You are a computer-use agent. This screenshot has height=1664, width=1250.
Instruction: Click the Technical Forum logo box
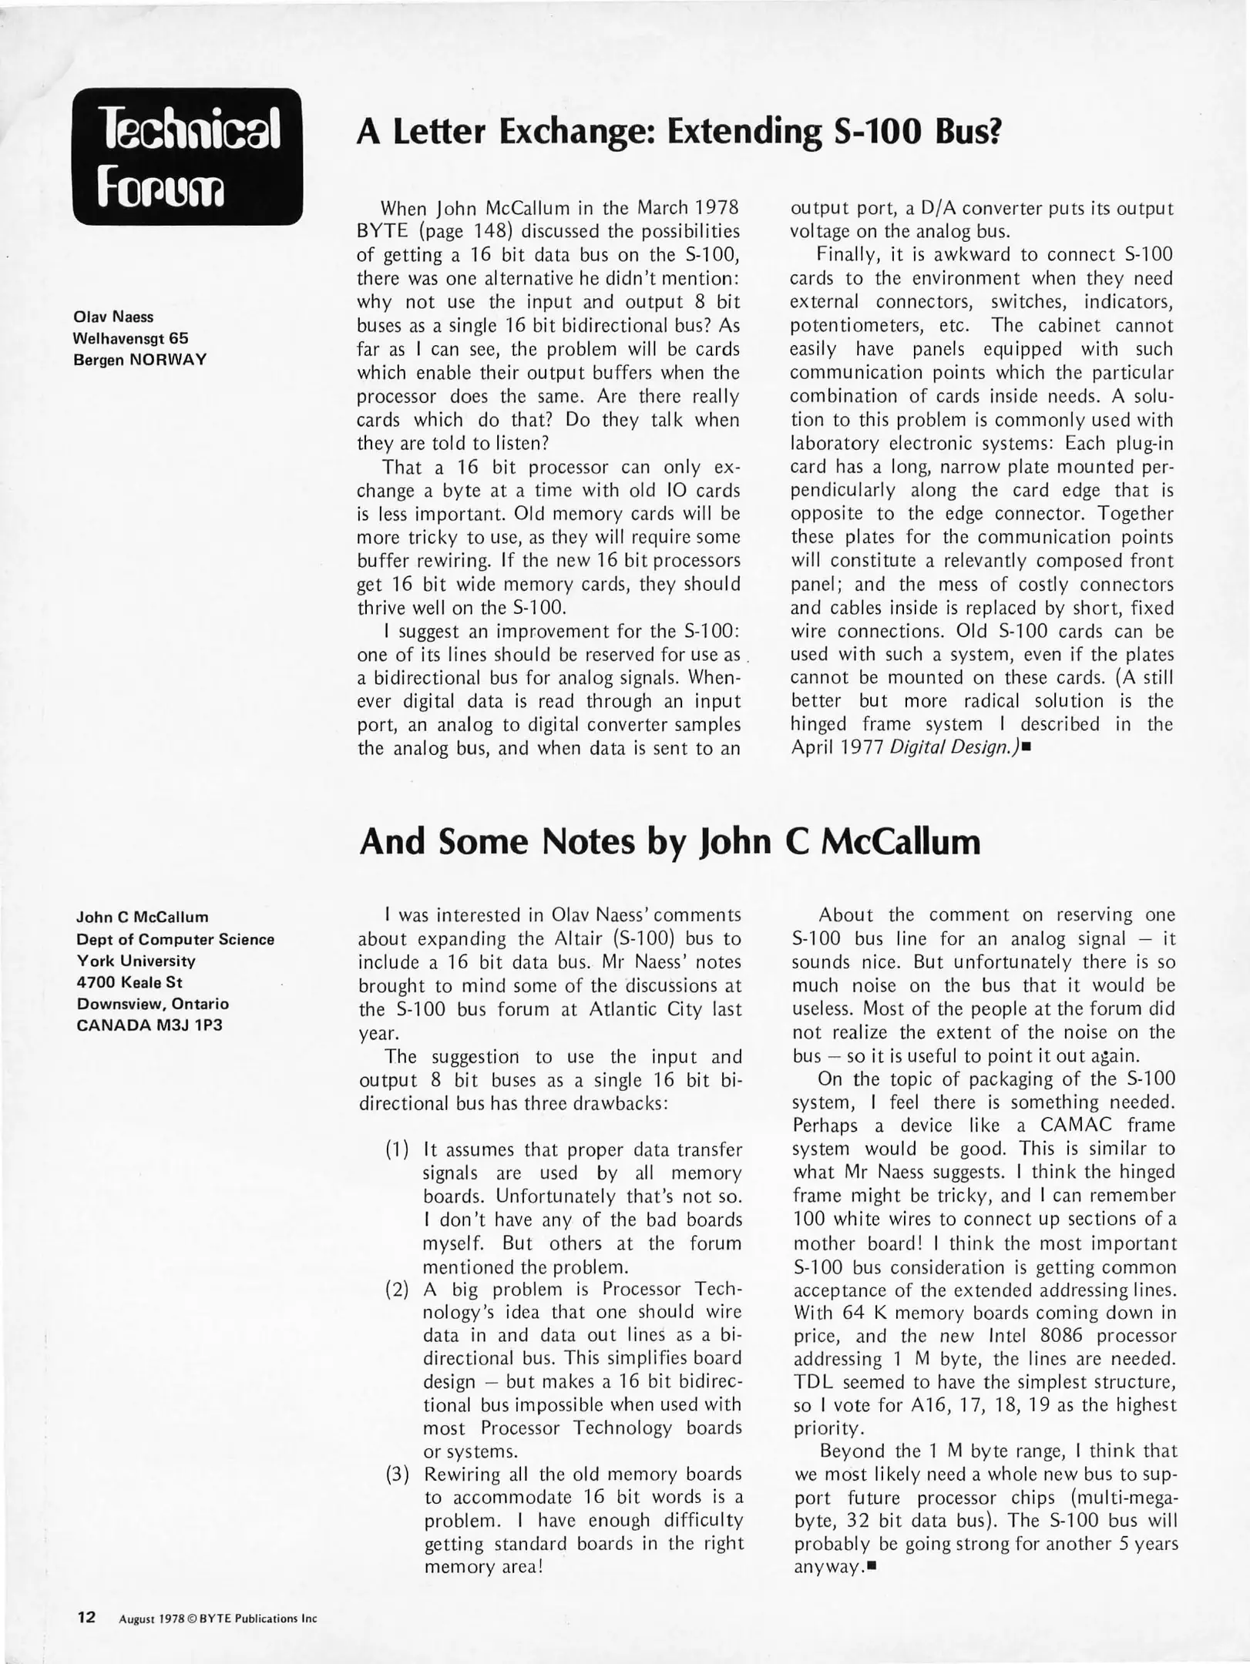tap(187, 156)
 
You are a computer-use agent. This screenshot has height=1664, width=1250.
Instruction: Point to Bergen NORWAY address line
tap(139, 360)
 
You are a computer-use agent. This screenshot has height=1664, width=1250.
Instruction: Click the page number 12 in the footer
tap(86, 1617)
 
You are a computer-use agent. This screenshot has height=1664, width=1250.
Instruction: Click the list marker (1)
tap(397, 1150)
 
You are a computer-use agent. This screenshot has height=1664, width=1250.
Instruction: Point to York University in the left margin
tap(136, 961)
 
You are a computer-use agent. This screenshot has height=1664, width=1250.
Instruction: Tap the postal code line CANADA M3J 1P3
tap(150, 1025)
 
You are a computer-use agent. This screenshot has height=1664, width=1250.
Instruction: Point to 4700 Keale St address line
tap(129, 982)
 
